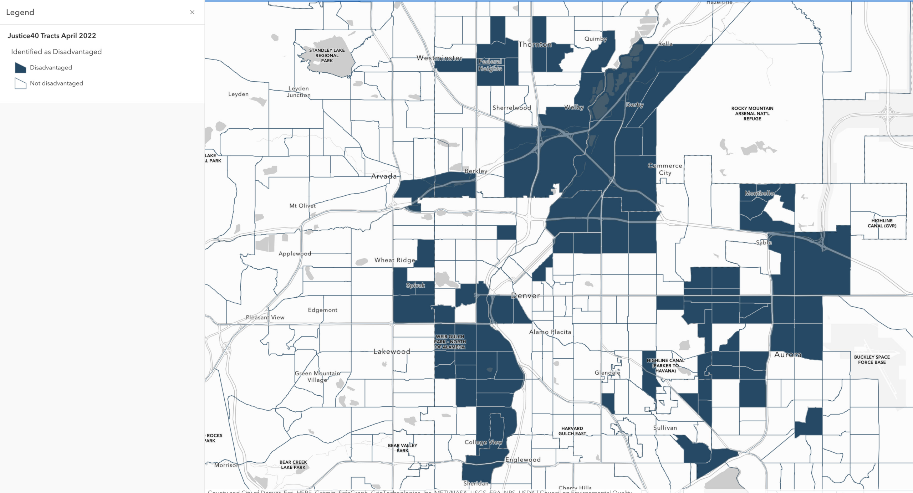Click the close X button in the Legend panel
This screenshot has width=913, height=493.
pos(192,12)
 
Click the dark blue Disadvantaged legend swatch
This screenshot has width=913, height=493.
pos(20,68)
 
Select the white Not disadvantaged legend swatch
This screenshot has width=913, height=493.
pos(20,83)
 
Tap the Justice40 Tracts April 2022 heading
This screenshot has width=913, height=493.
pos(52,36)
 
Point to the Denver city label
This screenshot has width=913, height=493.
pos(525,296)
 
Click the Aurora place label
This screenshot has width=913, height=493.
pos(788,355)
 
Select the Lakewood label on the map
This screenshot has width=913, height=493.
pos(392,351)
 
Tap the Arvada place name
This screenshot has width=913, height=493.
pos(384,176)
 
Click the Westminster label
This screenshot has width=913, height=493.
pos(439,58)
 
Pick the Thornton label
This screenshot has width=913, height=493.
pos(535,45)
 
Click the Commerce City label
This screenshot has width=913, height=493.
pos(665,169)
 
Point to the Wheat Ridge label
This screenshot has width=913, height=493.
pos(395,260)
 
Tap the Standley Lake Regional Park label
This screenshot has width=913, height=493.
pos(327,56)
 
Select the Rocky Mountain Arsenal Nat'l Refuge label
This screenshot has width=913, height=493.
pos(752,113)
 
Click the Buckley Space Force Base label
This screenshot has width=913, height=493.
pos(872,360)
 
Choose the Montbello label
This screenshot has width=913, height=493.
pos(759,193)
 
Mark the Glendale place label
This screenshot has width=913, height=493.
pos(607,373)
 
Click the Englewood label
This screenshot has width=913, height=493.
pos(523,460)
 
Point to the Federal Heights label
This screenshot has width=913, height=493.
pos(490,65)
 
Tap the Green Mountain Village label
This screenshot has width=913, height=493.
pos(317,376)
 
